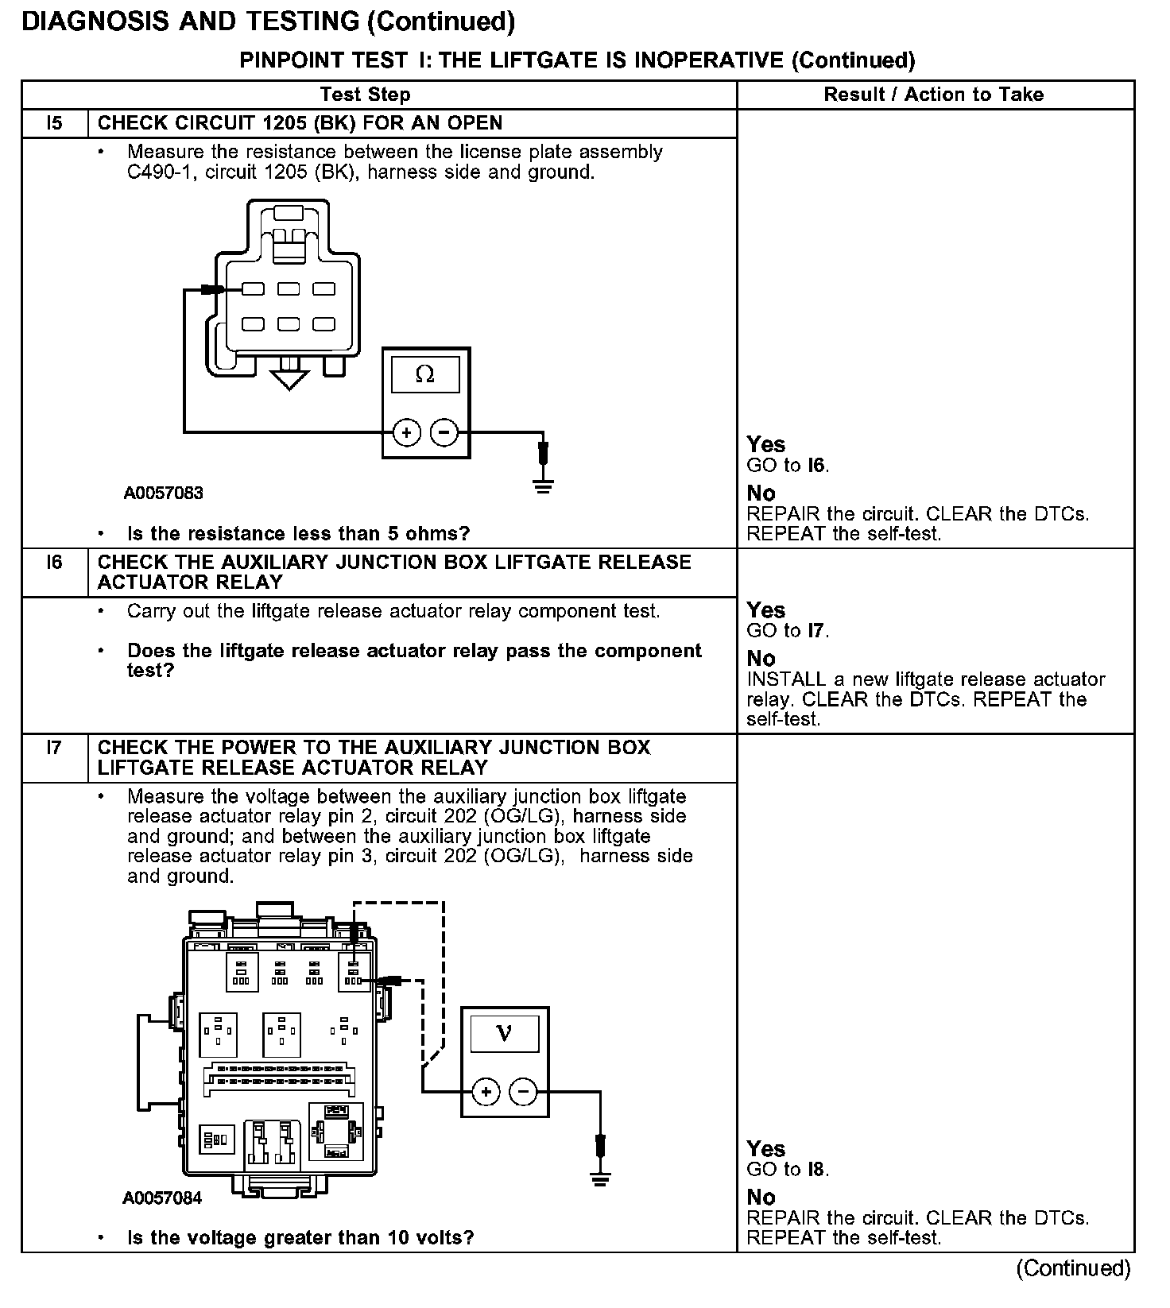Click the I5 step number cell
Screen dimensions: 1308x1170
tap(54, 123)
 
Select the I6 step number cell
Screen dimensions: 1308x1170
tap(54, 563)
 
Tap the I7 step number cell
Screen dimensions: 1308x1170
tap(54, 748)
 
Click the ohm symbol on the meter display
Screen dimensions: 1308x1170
tap(425, 374)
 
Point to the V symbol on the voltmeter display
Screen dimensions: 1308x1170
tap(504, 1033)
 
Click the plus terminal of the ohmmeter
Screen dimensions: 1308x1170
tap(406, 432)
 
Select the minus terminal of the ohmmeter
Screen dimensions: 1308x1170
tap(444, 432)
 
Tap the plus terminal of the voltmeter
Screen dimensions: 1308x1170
tap(486, 1092)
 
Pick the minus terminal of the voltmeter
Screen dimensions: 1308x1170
tap(523, 1092)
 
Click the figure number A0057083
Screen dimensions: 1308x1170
tap(163, 493)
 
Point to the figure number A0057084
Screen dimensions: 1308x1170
tap(162, 1198)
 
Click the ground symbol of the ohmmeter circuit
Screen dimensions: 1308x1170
tap(543, 486)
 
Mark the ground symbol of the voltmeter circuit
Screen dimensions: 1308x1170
tap(601, 1178)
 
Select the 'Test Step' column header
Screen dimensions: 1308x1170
tap(365, 95)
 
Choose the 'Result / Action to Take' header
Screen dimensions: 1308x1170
tap(933, 95)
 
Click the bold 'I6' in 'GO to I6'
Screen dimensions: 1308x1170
tap(816, 466)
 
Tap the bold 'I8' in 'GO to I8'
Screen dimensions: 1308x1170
tap(816, 1170)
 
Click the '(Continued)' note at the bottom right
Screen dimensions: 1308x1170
tap(1073, 1268)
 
